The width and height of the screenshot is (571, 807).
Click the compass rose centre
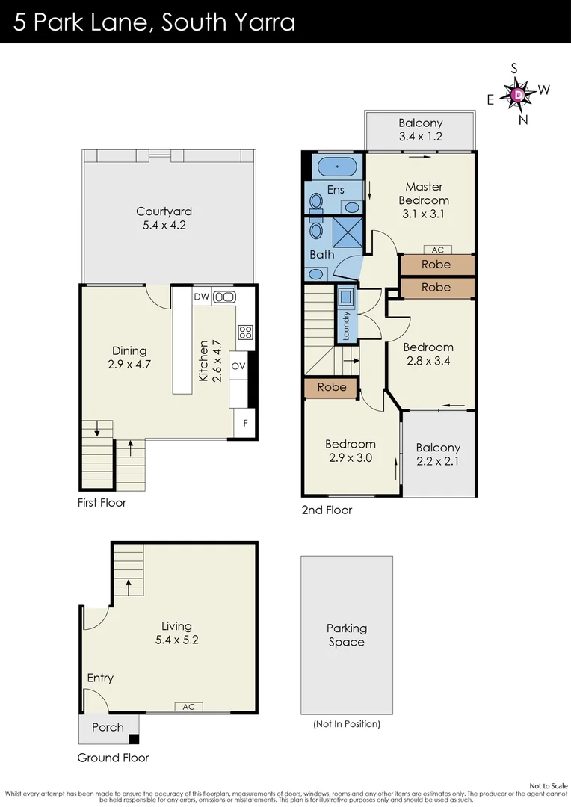(x=519, y=94)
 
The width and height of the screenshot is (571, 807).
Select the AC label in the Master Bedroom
(x=437, y=250)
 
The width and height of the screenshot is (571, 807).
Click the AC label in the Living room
(x=188, y=706)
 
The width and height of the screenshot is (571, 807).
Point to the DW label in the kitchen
(x=201, y=297)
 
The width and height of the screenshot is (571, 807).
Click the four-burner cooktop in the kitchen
(x=245, y=332)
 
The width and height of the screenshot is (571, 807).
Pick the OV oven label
(x=238, y=366)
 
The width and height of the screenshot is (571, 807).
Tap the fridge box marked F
(x=244, y=424)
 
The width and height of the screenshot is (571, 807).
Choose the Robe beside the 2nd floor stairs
(x=332, y=387)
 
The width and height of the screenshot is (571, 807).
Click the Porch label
(x=108, y=727)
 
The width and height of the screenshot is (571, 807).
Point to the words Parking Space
(x=347, y=635)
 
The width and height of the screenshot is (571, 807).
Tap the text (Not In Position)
(x=347, y=724)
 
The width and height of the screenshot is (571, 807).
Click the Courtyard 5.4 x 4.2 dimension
(x=160, y=224)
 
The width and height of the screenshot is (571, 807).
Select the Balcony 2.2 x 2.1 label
(x=438, y=454)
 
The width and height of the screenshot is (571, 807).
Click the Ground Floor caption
(x=113, y=758)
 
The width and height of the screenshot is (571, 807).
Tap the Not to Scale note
(x=549, y=785)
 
